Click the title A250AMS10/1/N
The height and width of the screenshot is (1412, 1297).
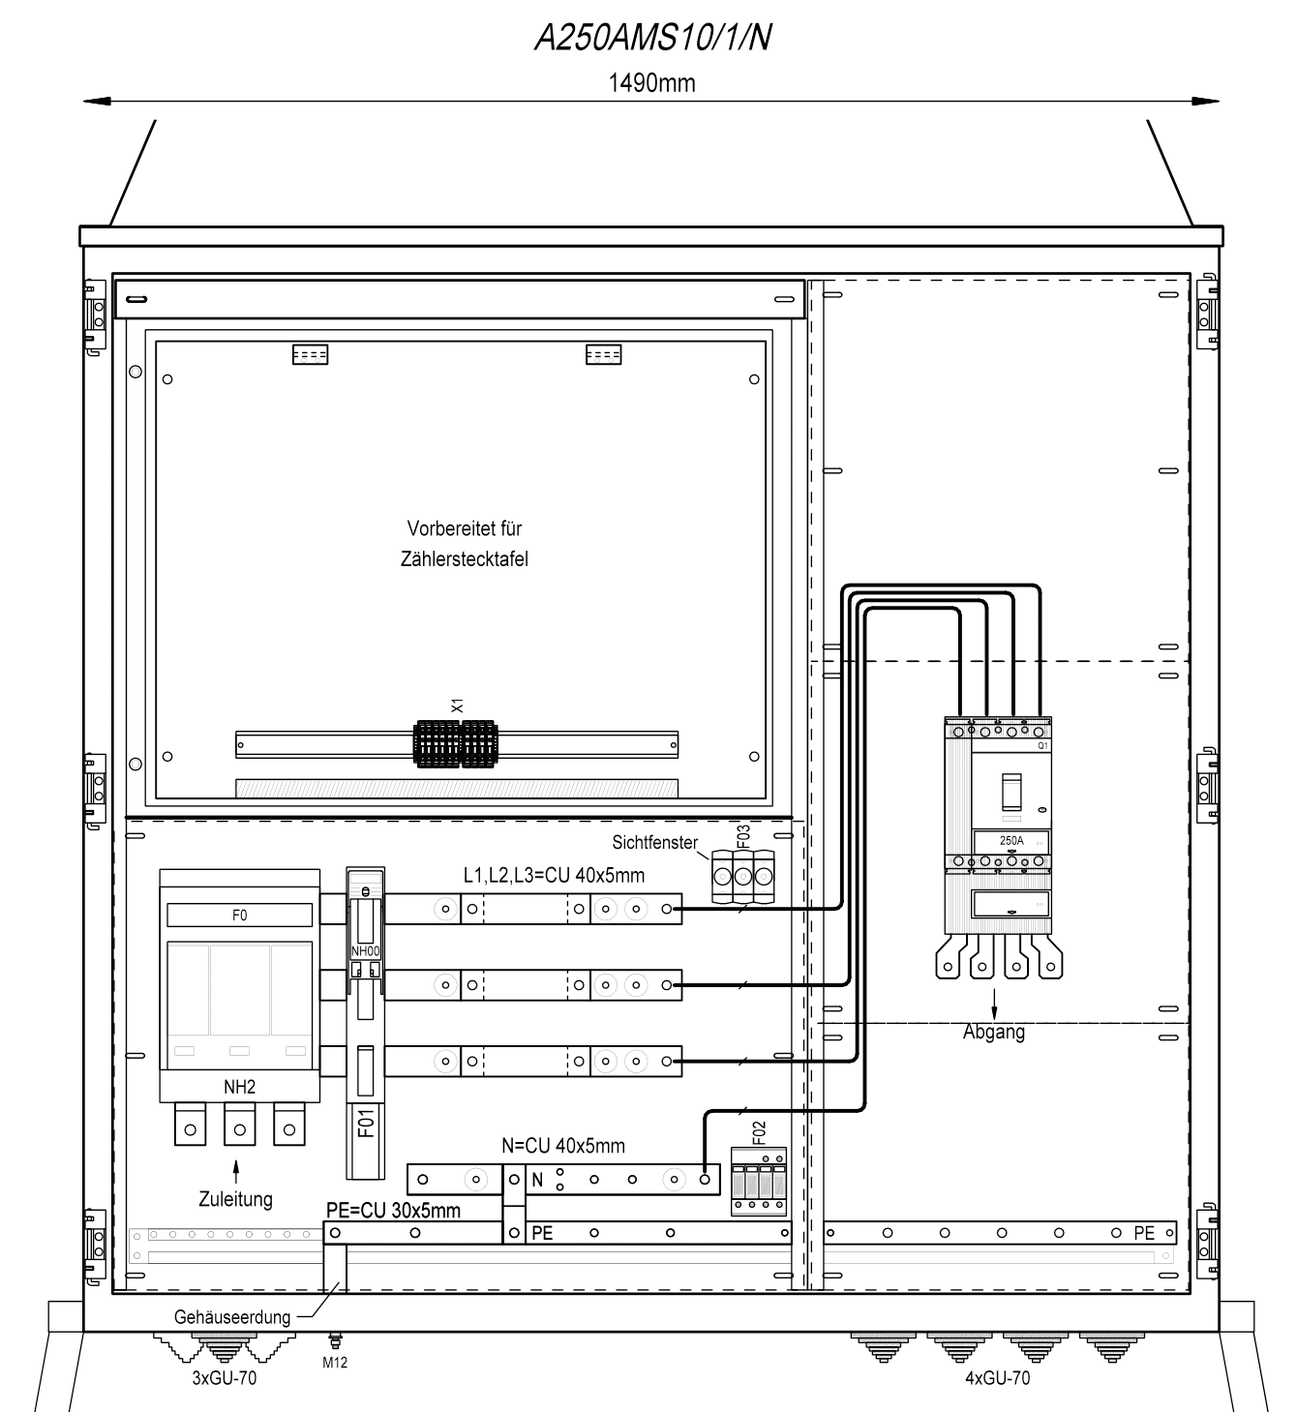click(652, 38)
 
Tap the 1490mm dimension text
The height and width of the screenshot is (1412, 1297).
click(651, 83)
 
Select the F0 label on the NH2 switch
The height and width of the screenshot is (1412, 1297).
click(239, 916)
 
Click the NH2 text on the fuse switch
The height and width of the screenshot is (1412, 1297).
click(239, 1087)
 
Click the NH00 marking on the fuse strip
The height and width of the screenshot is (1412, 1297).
click(366, 951)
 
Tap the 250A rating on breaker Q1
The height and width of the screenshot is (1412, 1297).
click(1011, 840)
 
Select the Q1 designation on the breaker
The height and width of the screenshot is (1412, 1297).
click(1042, 745)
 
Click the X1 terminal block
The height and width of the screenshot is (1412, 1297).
click(456, 744)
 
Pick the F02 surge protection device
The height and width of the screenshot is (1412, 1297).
click(758, 1181)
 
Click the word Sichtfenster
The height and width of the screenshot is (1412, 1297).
click(655, 843)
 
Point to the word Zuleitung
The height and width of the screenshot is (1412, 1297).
click(235, 1199)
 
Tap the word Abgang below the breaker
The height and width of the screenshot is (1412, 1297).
click(993, 1032)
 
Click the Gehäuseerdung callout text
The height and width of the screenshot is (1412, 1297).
click(232, 1317)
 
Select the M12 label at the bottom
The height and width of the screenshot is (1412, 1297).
click(335, 1363)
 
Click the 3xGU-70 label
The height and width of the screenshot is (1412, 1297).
click(225, 1377)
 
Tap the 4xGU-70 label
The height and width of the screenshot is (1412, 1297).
click(997, 1377)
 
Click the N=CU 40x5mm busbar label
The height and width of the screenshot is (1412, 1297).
click(563, 1146)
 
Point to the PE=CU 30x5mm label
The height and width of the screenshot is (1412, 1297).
click(393, 1211)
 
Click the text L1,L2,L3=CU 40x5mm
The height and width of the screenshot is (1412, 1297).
click(555, 876)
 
